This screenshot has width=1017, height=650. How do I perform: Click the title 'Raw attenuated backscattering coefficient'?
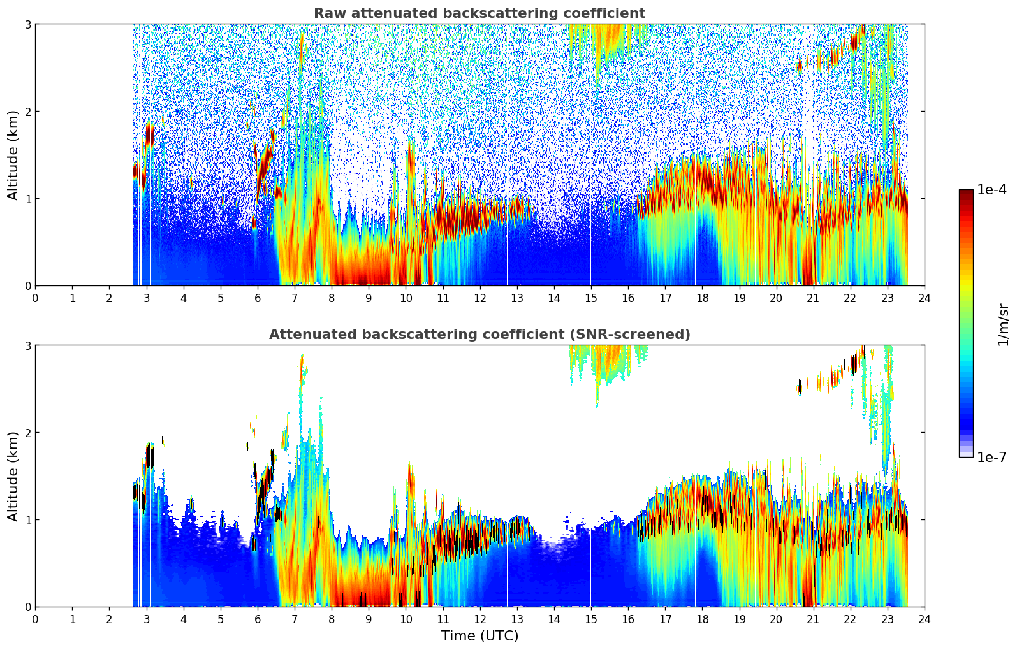tap(479, 13)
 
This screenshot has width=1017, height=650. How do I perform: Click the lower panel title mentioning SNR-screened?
tap(479, 335)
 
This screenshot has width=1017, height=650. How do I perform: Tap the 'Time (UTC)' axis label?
tap(479, 636)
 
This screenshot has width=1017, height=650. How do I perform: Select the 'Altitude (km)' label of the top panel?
tap(13, 155)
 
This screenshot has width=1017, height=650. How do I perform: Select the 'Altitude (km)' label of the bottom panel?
tap(13, 476)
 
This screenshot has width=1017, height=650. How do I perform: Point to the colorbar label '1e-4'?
tap(991, 190)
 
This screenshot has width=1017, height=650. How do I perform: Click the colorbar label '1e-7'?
tap(991, 457)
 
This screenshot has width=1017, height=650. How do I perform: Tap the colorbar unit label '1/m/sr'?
tap(1003, 324)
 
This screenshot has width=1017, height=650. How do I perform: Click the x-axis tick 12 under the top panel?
tap(479, 298)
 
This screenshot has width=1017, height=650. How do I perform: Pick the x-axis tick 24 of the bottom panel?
tap(924, 619)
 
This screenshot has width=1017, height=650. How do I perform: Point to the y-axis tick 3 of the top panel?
tap(27, 24)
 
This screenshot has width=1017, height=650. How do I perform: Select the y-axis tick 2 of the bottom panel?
tap(27, 433)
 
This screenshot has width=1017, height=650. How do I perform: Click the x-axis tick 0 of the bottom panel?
tap(35, 619)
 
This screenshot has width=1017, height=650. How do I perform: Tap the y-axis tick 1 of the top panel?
tap(27, 199)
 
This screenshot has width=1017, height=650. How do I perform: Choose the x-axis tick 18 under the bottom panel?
tap(702, 619)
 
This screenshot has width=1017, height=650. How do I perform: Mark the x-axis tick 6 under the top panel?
tap(258, 298)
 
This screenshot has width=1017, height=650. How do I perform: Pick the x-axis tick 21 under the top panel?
tap(813, 298)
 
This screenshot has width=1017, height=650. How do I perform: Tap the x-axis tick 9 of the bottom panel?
tap(369, 619)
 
